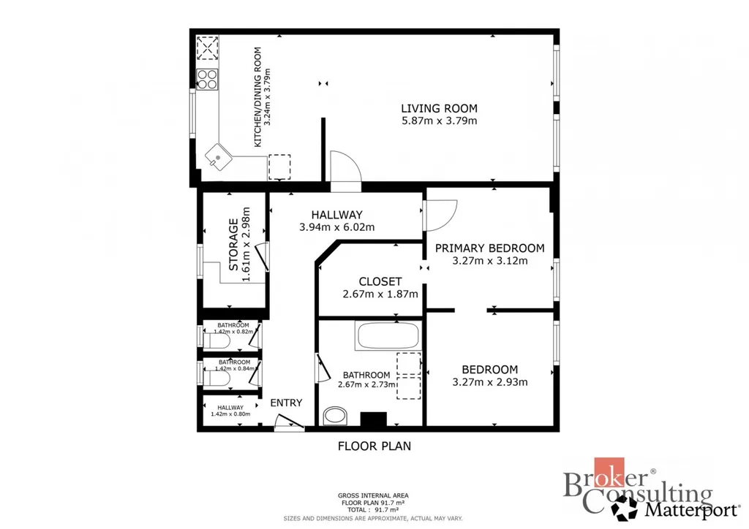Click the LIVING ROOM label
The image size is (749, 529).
(439, 108)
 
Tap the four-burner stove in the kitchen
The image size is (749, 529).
(207, 79)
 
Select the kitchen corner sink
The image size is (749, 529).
(219, 157)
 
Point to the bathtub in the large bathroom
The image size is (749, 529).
(388, 335)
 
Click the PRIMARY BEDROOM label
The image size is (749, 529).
(489, 248)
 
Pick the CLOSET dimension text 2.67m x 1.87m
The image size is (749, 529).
(380, 294)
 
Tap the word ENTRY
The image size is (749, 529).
(286, 403)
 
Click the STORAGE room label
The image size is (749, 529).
(233, 245)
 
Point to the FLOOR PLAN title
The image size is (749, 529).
(374, 446)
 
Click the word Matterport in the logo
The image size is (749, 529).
(692, 510)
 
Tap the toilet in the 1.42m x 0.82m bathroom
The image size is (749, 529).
(217, 340)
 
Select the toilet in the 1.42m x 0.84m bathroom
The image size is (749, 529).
(217, 378)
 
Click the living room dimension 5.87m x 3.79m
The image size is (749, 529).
(440, 121)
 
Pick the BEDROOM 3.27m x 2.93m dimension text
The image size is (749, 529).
(490, 382)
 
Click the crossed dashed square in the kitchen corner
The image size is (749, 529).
(207, 47)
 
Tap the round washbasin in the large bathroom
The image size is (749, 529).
(335, 416)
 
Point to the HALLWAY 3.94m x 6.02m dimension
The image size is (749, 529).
(336, 227)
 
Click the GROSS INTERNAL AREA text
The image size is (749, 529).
(373, 495)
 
